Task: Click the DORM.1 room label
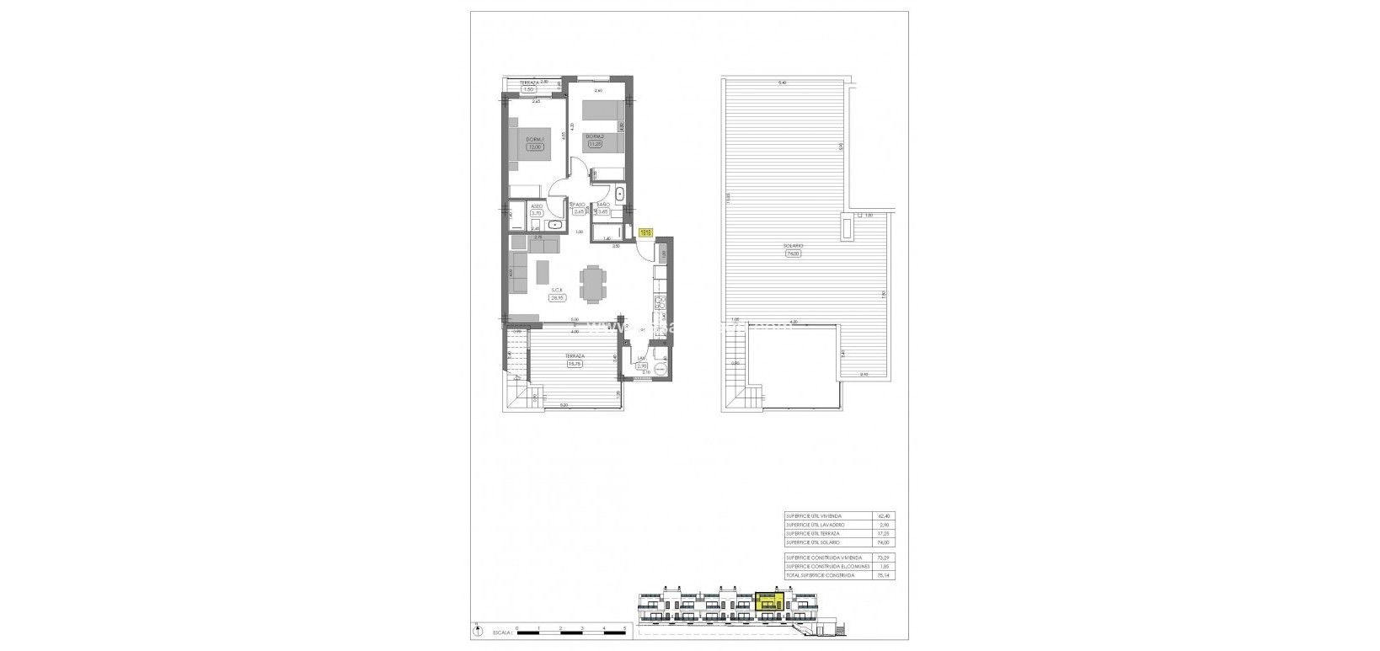click(534, 139)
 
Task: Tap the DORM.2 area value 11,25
click(596, 144)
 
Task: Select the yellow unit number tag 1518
click(645, 232)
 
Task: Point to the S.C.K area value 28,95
click(556, 297)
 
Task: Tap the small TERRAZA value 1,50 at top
click(529, 88)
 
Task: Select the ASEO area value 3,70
click(536, 214)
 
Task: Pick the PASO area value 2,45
click(579, 212)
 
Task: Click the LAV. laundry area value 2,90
click(642, 366)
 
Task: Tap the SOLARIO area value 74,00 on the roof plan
click(793, 253)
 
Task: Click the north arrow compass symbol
click(477, 627)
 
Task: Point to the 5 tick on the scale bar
click(625, 629)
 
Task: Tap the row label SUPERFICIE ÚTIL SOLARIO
click(812, 543)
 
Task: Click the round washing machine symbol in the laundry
click(661, 366)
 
